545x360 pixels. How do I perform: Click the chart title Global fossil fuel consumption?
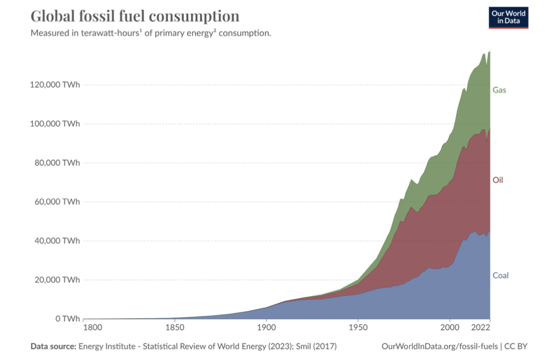click(x=135, y=16)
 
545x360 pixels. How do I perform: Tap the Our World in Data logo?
click(x=509, y=17)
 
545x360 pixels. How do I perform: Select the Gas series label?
click(x=499, y=90)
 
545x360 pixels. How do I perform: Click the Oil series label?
click(x=498, y=180)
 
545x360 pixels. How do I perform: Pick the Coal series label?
click(x=501, y=276)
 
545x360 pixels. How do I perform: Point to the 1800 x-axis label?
click(x=92, y=328)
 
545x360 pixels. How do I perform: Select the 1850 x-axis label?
click(x=174, y=328)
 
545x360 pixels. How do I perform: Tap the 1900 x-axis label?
click(x=266, y=328)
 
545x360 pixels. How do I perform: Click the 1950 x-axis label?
click(x=358, y=328)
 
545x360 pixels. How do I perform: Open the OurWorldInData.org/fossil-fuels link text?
click(x=440, y=346)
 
